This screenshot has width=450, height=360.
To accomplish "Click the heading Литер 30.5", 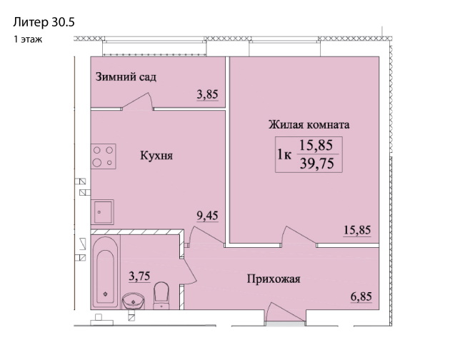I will [44, 22].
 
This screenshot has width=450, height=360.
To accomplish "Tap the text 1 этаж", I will [27, 39].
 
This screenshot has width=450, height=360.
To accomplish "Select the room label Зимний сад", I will [126, 76].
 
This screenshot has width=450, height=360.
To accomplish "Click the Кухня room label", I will [157, 154].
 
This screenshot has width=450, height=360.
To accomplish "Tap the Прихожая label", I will [274, 279].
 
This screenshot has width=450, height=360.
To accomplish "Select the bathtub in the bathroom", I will [105, 271].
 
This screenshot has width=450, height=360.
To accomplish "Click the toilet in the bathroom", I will [162, 294].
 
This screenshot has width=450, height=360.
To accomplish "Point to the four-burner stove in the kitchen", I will [104, 156].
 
